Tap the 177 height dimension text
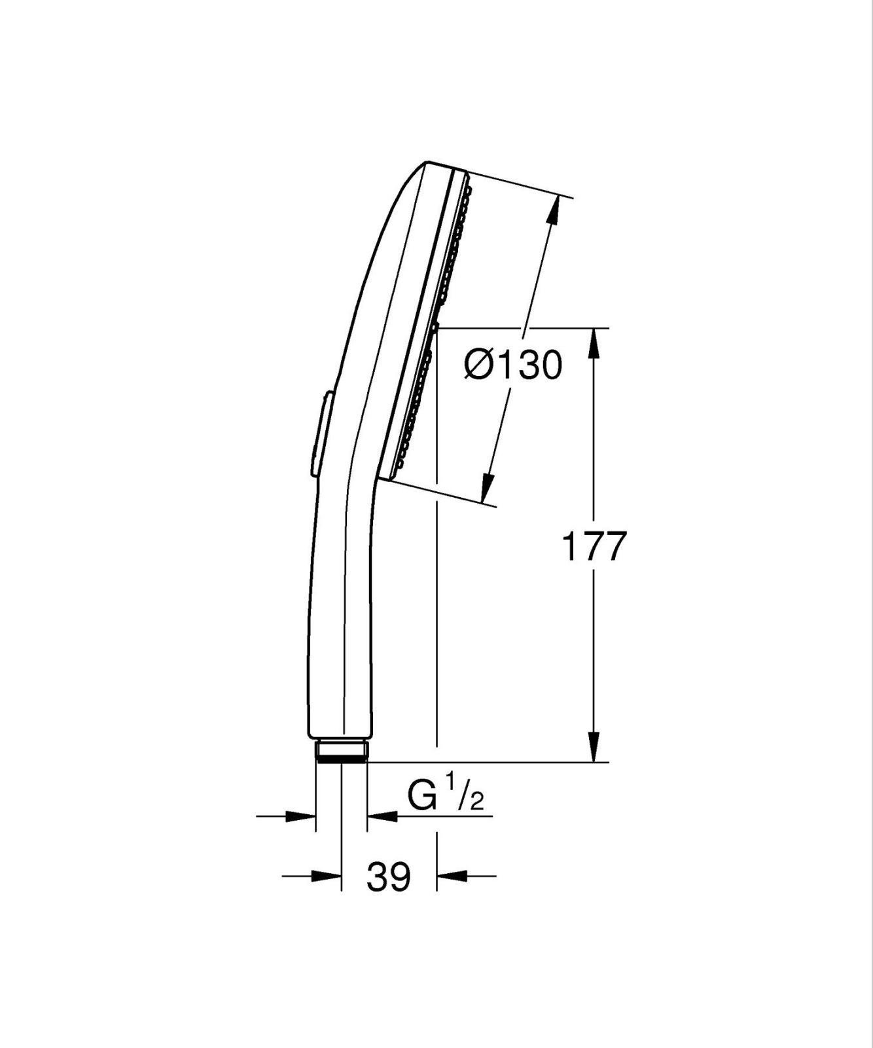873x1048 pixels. point(594,546)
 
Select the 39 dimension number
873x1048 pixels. point(389,876)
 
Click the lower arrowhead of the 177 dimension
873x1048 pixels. point(594,747)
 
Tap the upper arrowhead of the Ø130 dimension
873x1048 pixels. point(554,211)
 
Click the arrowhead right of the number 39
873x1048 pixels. point(452,875)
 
